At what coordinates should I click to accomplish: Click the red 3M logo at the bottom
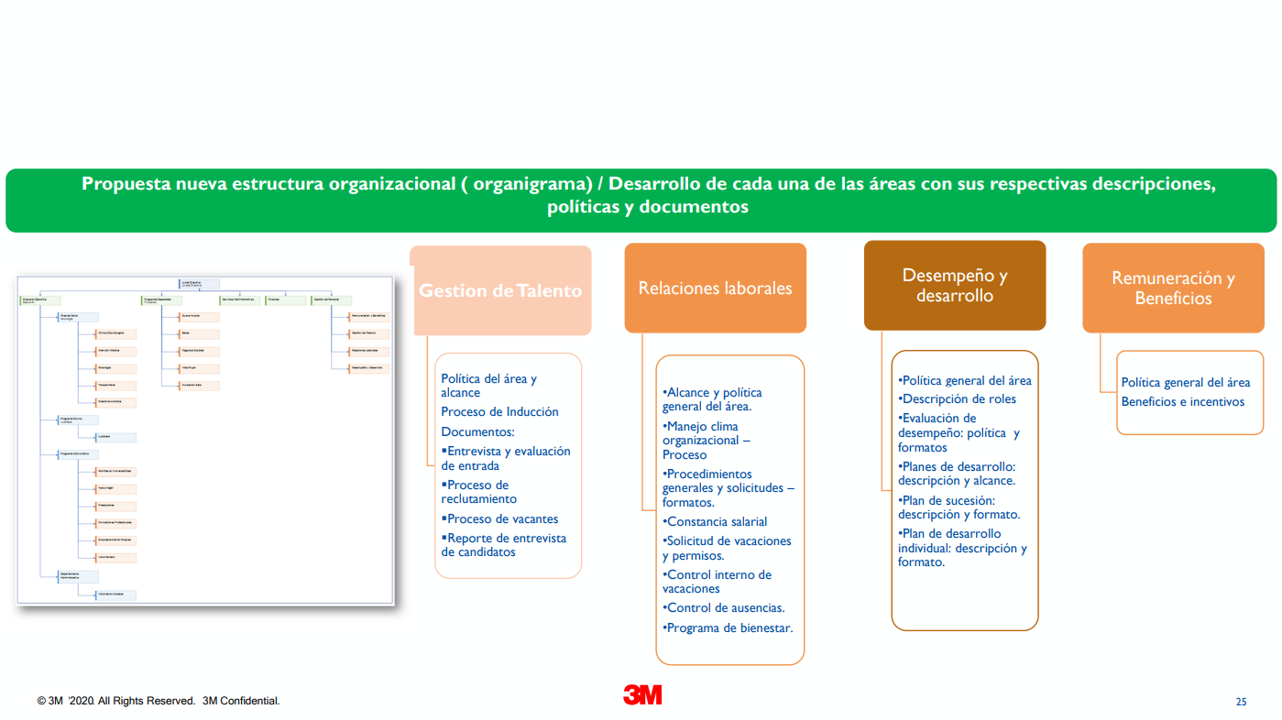pyautogui.click(x=642, y=695)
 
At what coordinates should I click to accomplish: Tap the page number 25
pyautogui.click(x=1241, y=702)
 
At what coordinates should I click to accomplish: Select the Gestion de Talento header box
pyautogui.click(x=500, y=290)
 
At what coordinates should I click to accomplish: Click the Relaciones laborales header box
pyautogui.click(x=715, y=288)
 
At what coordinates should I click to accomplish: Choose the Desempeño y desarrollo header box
pyautogui.click(x=954, y=285)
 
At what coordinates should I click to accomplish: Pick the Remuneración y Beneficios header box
pyautogui.click(x=1173, y=288)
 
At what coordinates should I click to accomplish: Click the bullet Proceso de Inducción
pyautogui.click(x=499, y=412)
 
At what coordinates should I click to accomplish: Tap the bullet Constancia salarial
pyautogui.click(x=717, y=522)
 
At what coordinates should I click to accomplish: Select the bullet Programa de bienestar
pyautogui.click(x=729, y=627)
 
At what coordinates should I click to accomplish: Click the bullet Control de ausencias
pyautogui.click(x=725, y=607)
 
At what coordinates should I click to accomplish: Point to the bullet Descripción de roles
pyautogui.click(x=959, y=398)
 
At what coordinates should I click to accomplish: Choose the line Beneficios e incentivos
pyautogui.click(x=1183, y=401)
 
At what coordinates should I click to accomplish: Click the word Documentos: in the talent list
pyautogui.click(x=478, y=431)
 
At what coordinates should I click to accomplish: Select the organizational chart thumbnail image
pyautogui.click(x=205, y=440)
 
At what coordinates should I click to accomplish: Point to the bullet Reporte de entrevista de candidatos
pyautogui.click(x=504, y=545)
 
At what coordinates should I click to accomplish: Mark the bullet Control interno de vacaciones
pyautogui.click(x=718, y=582)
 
